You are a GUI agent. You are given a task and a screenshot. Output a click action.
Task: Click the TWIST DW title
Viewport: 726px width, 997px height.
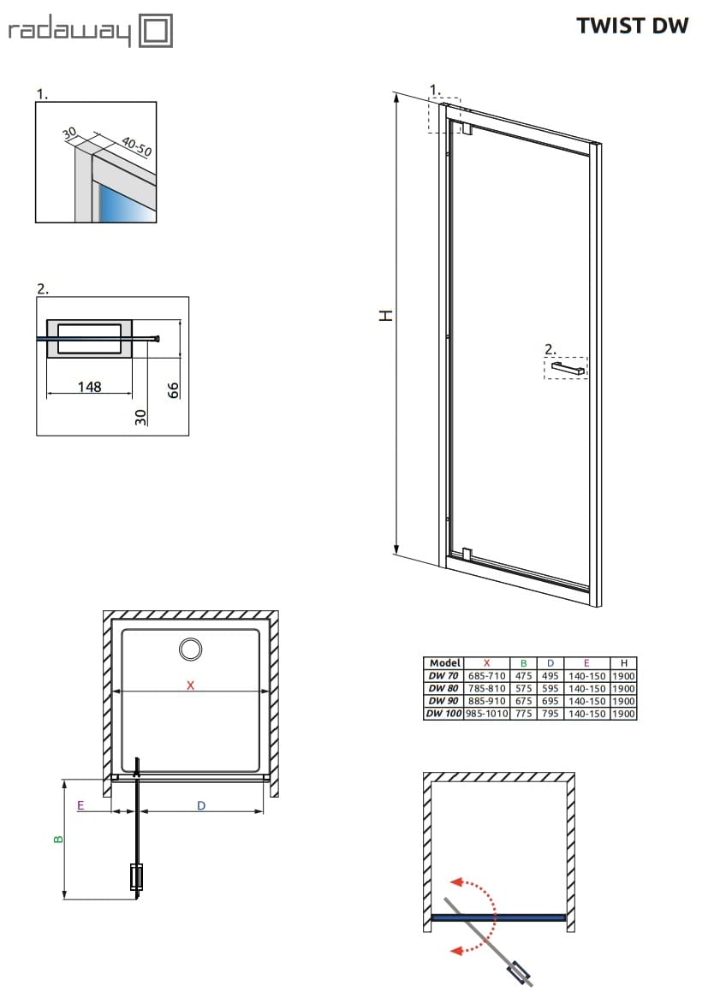point(632,26)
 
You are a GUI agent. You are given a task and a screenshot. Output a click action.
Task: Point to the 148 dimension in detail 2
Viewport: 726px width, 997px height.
point(89,387)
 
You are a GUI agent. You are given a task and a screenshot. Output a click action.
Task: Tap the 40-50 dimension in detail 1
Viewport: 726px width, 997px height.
point(135,147)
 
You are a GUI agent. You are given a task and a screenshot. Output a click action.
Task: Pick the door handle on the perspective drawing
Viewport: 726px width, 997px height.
point(568,368)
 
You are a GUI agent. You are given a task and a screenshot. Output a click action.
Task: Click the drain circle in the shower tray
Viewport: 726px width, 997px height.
point(191,649)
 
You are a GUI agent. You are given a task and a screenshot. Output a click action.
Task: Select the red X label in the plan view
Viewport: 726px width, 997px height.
point(191,685)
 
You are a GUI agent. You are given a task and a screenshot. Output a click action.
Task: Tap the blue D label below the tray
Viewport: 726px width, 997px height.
point(201,805)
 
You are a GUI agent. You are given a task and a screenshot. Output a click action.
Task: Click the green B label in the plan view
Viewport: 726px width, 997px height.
point(58,840)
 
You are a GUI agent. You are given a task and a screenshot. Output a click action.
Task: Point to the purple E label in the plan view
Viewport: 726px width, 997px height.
point(80,805)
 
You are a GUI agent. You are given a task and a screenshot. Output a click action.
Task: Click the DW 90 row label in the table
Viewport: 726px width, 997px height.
point(443,700)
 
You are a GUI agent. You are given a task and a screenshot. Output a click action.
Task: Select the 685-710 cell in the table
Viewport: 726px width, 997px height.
point(486,676)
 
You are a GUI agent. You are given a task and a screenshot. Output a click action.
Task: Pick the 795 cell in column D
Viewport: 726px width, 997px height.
point(550,713)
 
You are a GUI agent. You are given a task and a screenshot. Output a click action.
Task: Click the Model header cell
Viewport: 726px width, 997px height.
point(444,663)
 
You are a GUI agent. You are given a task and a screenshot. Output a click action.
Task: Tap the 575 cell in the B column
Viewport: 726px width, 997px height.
point(523,688)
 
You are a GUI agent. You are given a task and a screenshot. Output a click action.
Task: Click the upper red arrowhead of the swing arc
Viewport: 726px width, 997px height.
point(457,884)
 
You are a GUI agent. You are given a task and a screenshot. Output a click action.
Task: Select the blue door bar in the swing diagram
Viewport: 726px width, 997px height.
point(498,917)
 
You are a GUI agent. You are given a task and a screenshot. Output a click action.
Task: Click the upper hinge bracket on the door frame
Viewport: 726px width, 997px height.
point(467,129)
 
